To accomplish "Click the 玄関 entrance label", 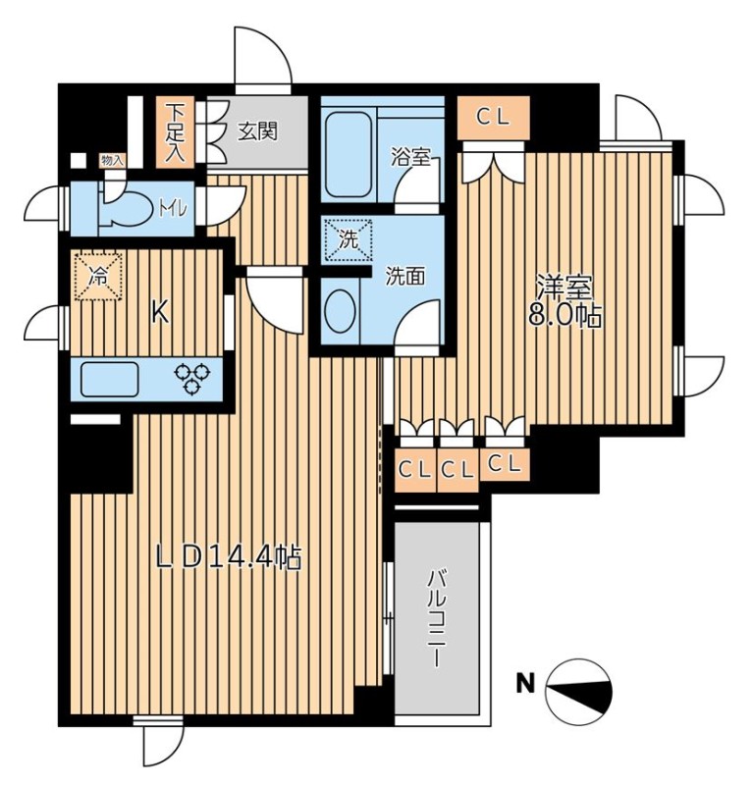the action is [257, 132].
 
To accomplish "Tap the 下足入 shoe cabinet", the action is [176, 132].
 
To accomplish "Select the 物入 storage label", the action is [112, 161].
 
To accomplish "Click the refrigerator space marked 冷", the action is [99, 277].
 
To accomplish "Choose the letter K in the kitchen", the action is [159, 314].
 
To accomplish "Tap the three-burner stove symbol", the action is [192, 379].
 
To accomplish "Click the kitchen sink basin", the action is [110, 379].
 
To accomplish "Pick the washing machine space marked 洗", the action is [349, 239].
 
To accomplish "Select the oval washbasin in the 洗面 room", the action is [341, 311].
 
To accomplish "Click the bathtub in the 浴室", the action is [349, 155].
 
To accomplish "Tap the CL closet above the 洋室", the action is [494, 118].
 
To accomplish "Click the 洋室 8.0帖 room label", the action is [564, 301].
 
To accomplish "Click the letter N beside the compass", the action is [525, 683].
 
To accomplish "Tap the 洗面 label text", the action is [404, 277].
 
